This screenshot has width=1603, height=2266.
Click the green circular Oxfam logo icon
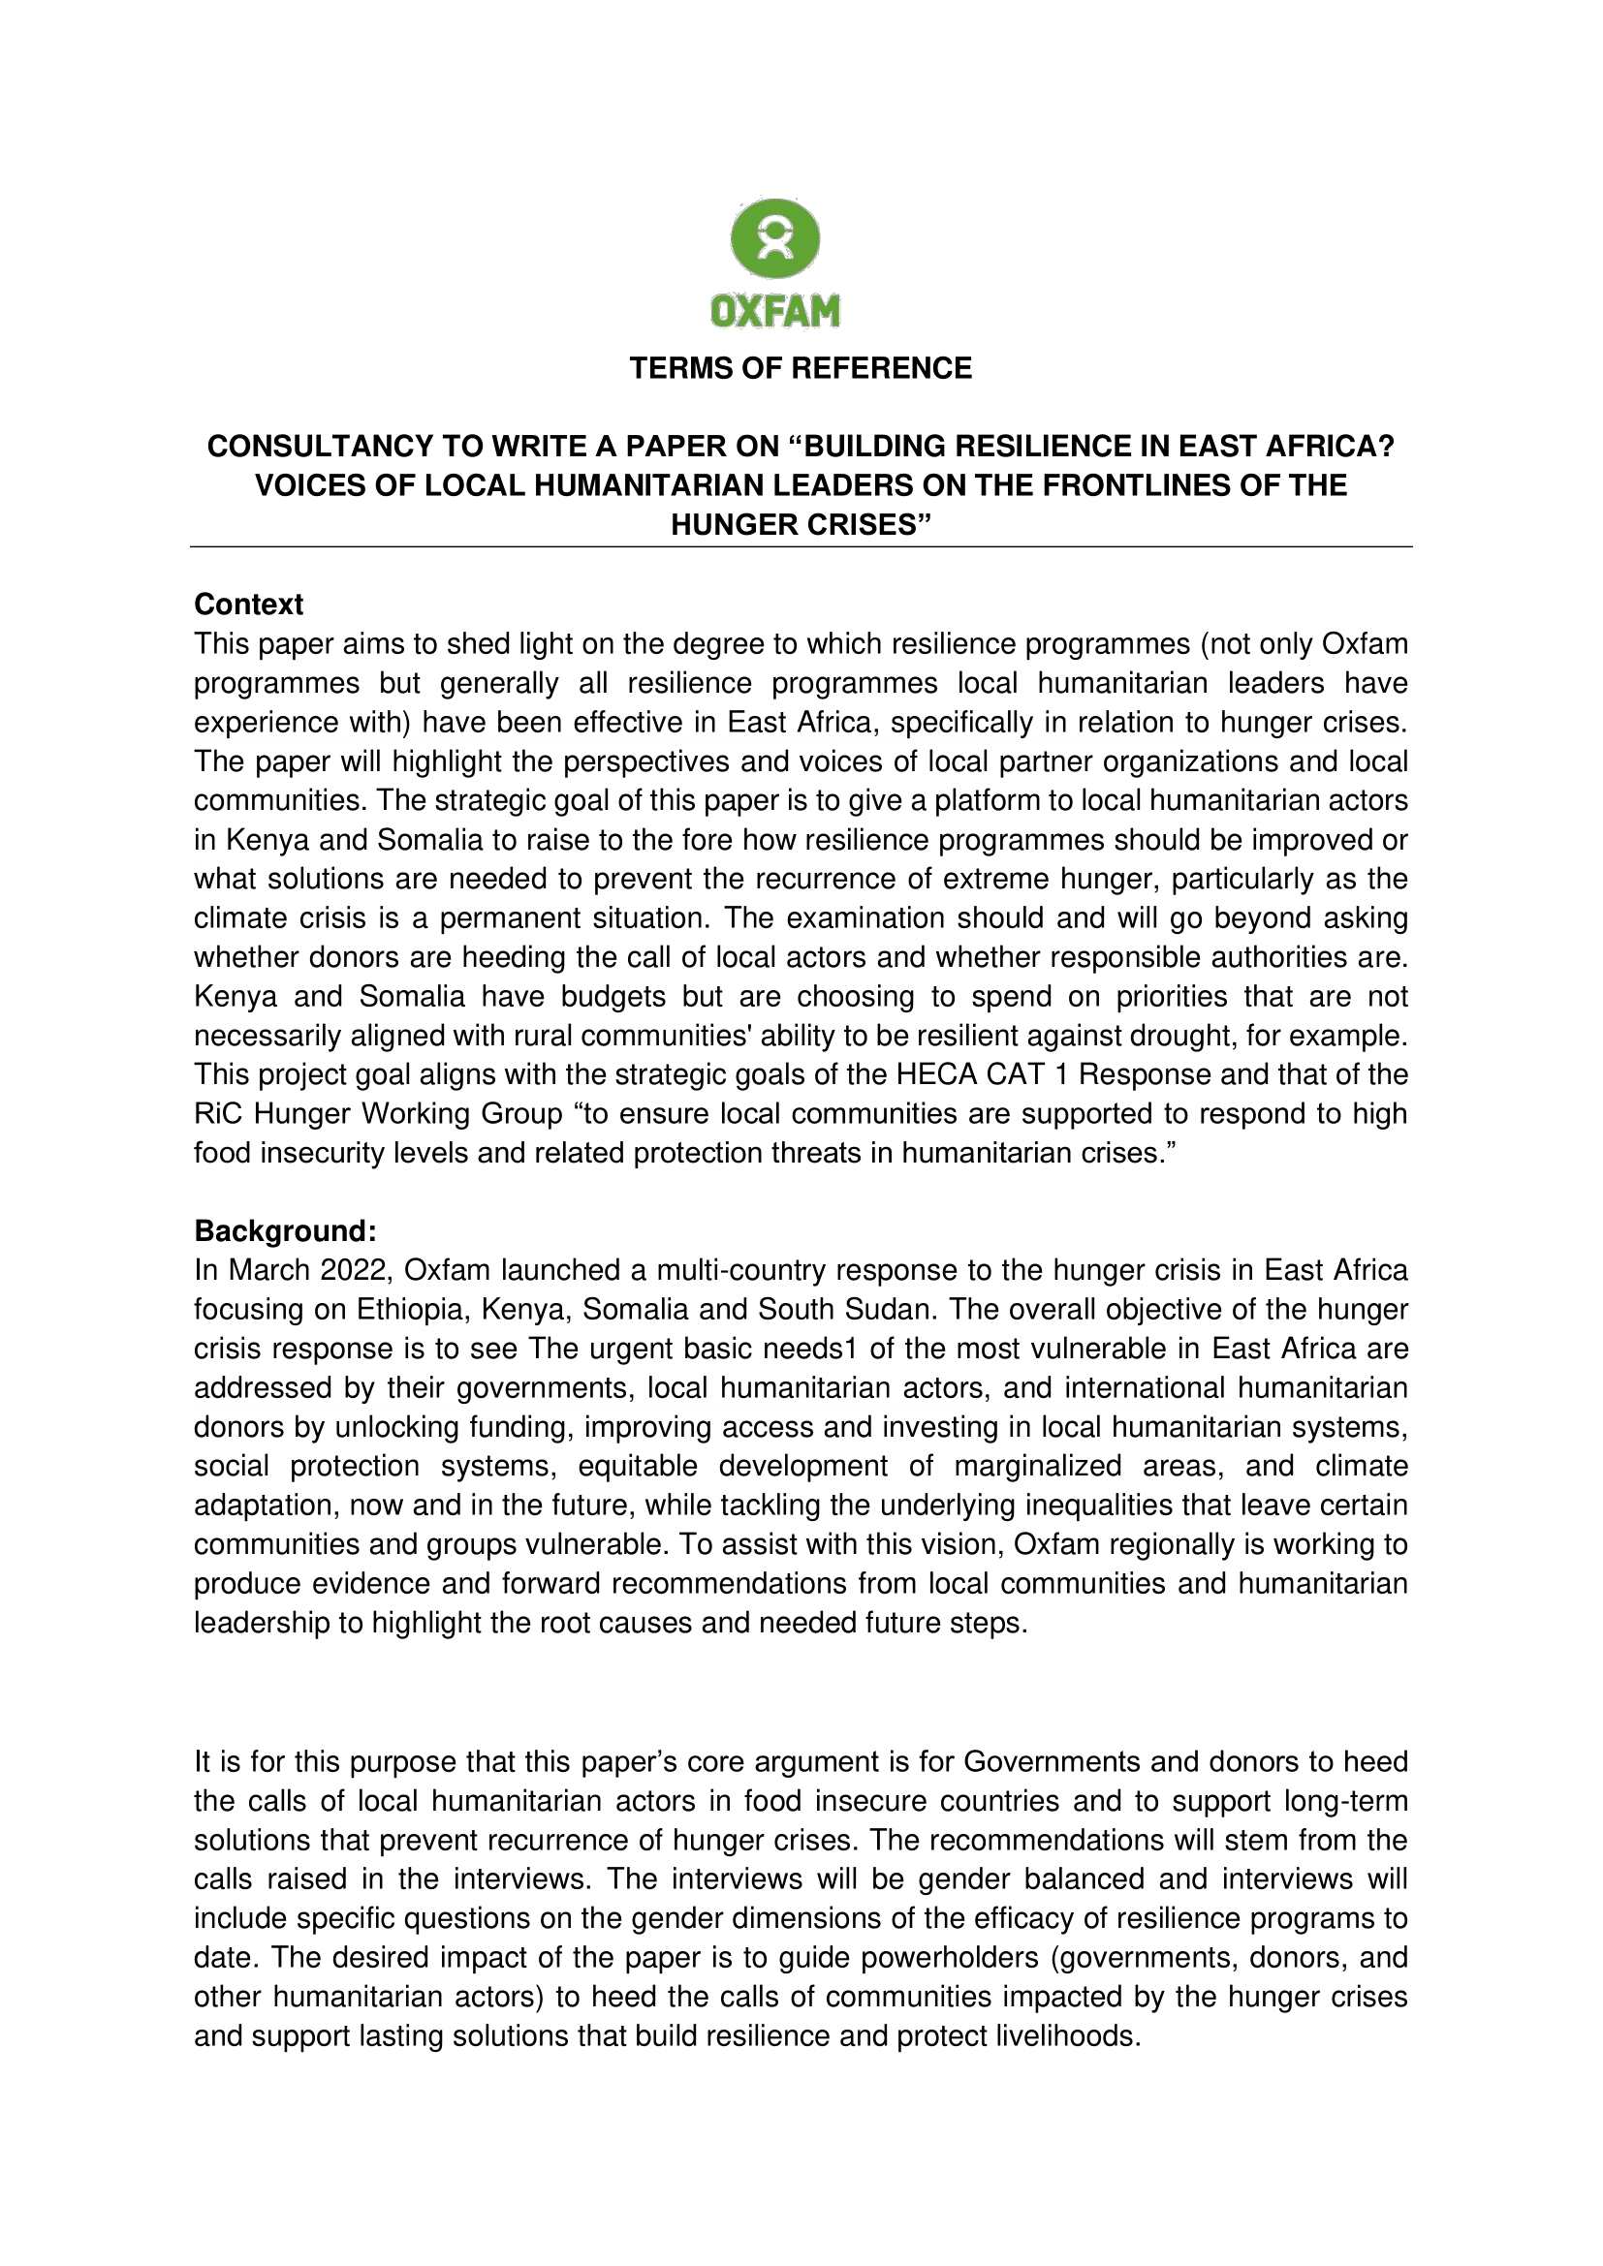click(x=775, y=238)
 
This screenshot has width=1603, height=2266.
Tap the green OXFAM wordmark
click(x=775, y=311)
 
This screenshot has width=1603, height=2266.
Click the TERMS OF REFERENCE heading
click(x=801, y=368)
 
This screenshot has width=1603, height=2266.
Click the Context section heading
click(x=249, y=604)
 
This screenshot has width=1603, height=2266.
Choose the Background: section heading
click(x=285, y=1230)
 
